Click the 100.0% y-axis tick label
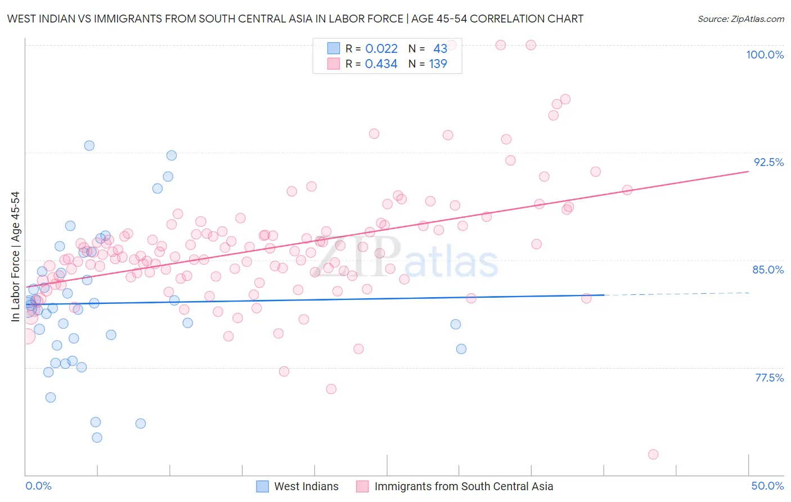point(765,55)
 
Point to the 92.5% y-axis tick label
point(768,162)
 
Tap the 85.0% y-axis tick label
point(768,270)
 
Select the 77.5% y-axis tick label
point(769,378)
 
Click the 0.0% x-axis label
point(38,486)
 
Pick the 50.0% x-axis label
point(767,486)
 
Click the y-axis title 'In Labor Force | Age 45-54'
point(15,257)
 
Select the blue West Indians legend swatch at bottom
point(262,486)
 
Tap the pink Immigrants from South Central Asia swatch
point(362,486)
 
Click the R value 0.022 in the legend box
point(381,48)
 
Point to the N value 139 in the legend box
point(438,64)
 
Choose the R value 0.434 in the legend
point(381,64)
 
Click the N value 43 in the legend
point(440,48)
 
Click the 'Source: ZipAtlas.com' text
point(740,19)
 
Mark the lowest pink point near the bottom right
point(653,454)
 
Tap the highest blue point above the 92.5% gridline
point(89,146)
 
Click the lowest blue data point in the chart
point(97,437)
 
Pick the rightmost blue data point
point(461,349)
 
